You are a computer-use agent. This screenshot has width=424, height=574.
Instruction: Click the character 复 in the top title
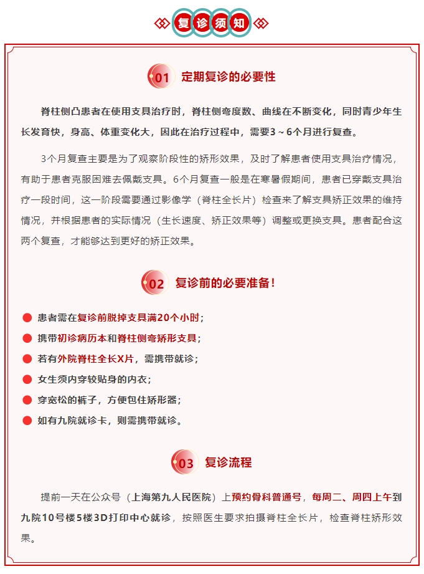(x=183, y=24)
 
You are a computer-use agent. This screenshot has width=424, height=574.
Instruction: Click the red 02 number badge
(x=154, y=284)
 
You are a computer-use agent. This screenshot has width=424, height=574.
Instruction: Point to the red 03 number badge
(x=184, y=463)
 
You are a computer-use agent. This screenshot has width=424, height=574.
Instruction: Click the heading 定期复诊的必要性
(x=228, y=77)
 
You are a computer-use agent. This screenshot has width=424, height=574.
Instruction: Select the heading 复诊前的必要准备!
(x=225, y=283)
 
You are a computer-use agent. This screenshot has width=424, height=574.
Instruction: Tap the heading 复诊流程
(x=228, y=462)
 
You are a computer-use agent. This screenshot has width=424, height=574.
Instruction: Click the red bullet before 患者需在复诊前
(x=27, y=317)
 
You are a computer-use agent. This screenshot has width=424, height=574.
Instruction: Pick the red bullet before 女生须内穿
(x=27, y=379)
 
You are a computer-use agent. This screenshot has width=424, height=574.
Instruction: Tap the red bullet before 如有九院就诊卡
(x=27, y=421)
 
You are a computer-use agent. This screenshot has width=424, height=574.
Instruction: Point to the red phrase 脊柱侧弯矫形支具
(x=157, y=338)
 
